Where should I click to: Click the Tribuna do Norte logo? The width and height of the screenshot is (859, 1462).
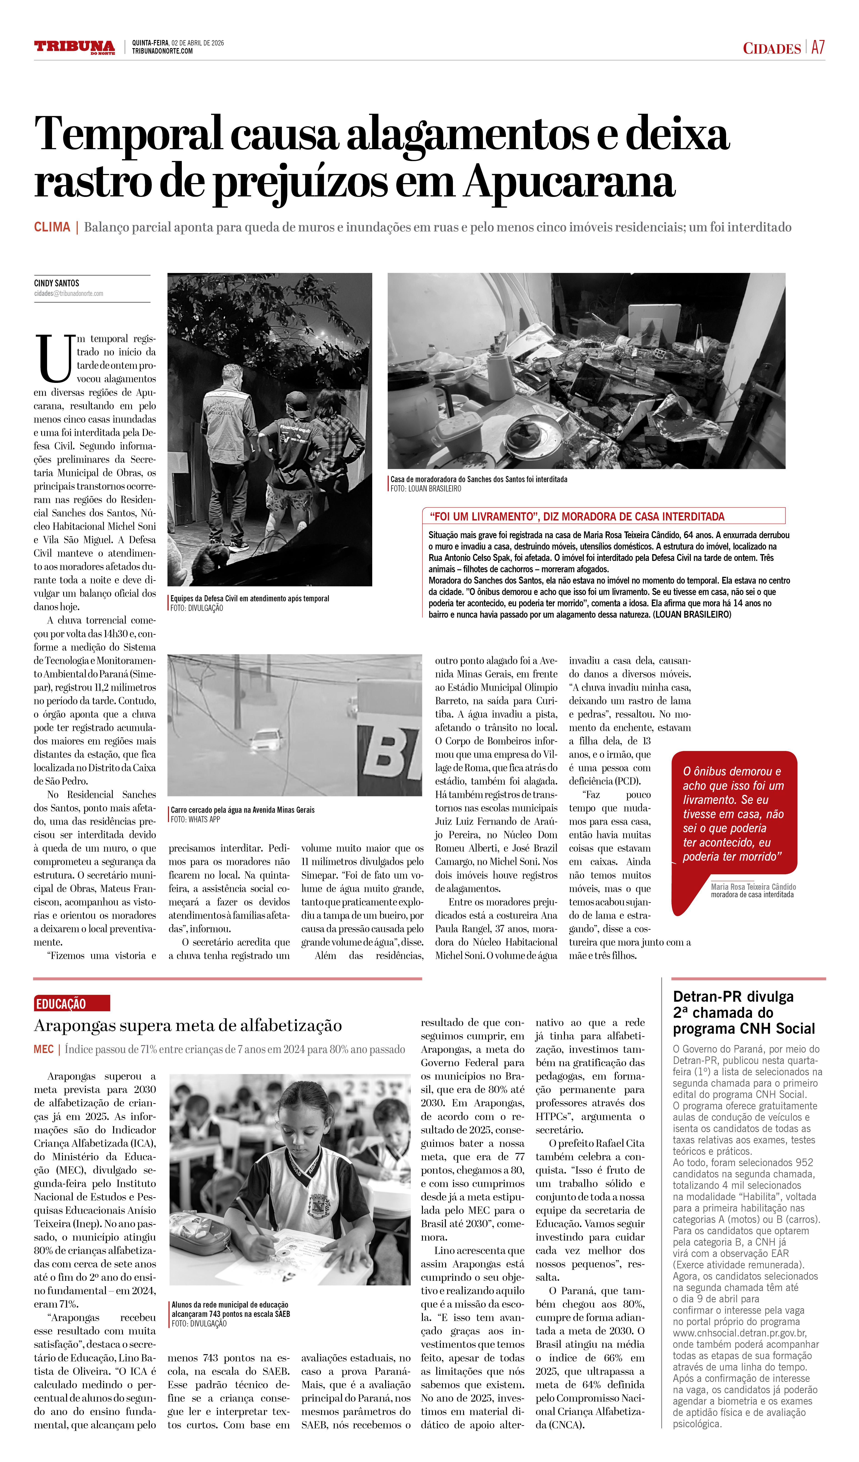74,47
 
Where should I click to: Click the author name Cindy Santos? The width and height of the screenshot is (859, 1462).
56,283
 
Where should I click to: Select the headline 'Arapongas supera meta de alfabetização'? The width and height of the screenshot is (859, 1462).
187,1026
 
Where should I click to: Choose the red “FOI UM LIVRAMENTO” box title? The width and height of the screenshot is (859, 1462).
577,516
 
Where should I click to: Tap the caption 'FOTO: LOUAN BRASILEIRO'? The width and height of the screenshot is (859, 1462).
426,489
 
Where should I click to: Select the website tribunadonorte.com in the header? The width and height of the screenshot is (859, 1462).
162,51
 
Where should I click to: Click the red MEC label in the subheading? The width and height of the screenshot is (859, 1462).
44,1050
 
